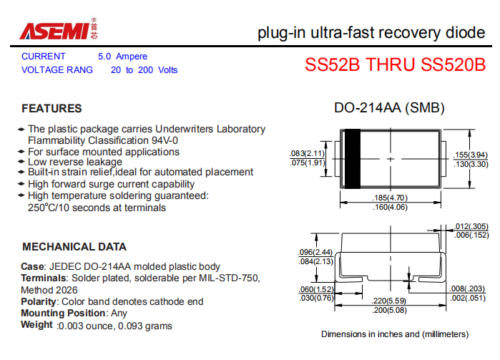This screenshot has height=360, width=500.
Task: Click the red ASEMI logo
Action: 54,31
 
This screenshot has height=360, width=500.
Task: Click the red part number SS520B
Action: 453,64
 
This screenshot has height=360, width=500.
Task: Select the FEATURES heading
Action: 52,109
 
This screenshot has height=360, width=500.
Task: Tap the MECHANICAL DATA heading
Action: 74,247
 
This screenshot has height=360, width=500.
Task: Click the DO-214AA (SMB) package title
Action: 389,108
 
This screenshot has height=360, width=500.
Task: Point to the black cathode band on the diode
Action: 353,159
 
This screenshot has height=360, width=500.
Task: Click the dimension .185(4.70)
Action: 390,198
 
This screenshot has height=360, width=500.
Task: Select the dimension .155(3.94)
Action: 471,155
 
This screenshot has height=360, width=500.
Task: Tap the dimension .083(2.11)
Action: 307,153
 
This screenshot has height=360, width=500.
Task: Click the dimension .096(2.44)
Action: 315,252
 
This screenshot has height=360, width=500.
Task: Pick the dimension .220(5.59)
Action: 389,301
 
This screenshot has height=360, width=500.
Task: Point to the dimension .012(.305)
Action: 471,226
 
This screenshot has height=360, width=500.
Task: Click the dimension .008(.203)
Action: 468,288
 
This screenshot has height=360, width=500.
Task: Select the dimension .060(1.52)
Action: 316,289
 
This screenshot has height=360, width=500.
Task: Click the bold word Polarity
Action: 39,301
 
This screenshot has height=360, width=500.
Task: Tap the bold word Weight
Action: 36,325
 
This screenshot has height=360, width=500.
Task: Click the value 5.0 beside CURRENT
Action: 104,57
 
